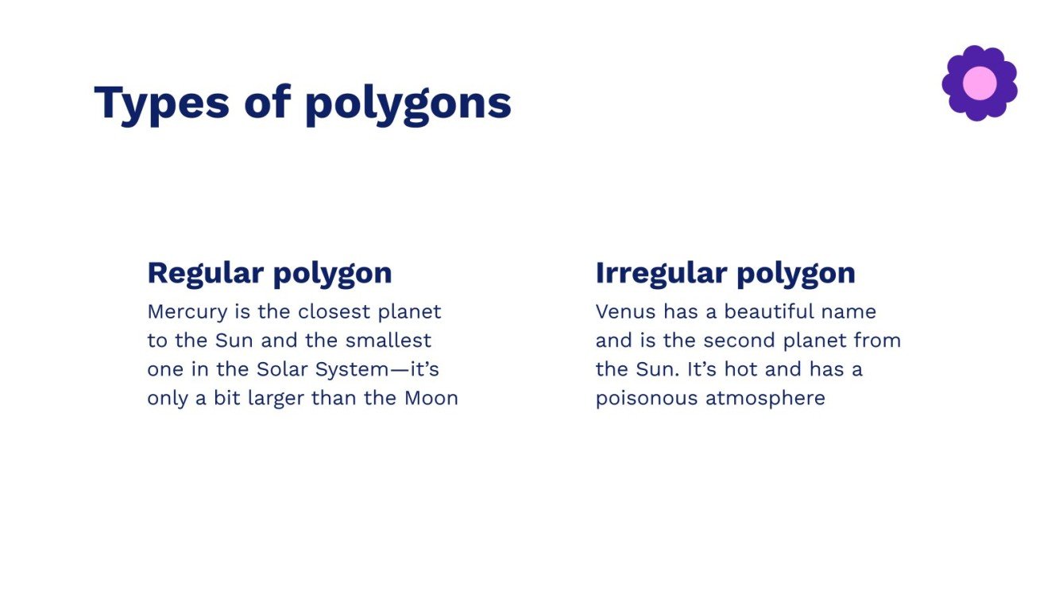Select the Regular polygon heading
point(269,273)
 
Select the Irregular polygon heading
point(725,273)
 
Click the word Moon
point(431,398)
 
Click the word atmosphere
point(765,398)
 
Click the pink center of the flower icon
point(979,83)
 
